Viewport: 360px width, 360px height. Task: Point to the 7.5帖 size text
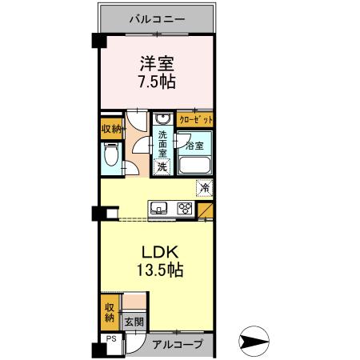157,81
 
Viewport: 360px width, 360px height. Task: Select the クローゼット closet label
196,119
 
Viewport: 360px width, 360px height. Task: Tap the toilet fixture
110,155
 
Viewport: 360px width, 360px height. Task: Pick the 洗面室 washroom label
163,143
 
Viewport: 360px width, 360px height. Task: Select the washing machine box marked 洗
162,166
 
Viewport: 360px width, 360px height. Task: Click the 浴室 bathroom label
194,146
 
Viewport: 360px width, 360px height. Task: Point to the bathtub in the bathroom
194,166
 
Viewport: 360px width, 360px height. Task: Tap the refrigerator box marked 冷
205,188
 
